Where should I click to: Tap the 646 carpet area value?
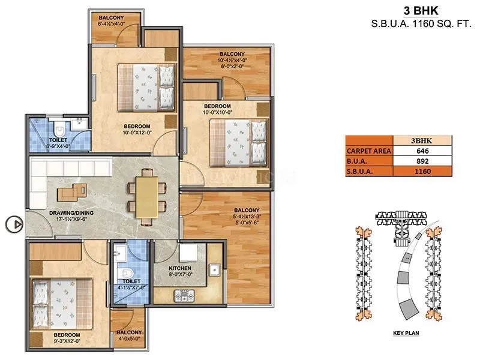point(424,151)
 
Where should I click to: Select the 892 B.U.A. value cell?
point(424,161)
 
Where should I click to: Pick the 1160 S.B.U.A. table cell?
point(424,171)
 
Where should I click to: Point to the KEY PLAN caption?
point(406,332)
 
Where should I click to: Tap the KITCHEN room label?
point(180,268)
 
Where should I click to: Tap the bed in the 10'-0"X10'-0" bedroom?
point(238,140)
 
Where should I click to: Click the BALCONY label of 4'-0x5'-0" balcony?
point(129,332)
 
